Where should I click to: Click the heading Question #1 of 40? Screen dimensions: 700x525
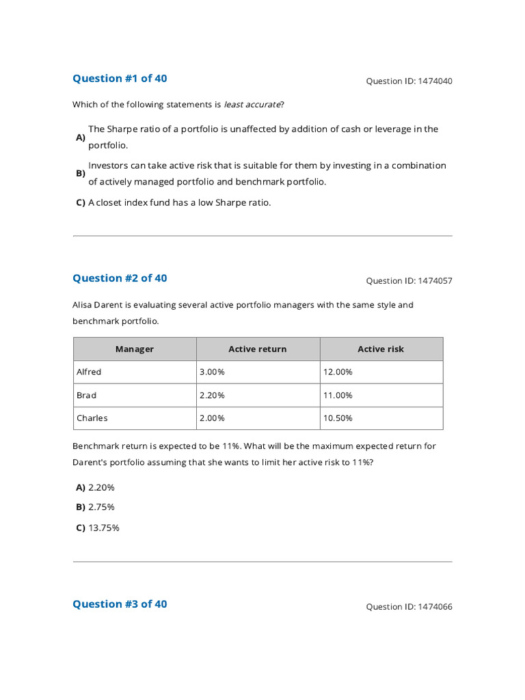click(120, 79)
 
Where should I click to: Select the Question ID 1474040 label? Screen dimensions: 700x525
click(409, 81)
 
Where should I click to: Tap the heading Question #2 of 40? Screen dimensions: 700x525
click(120, 278)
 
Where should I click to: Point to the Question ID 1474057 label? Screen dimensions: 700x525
click(409, 281)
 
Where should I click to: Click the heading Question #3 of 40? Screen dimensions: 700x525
click(120, 604)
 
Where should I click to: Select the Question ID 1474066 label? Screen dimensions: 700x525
click(409, 607)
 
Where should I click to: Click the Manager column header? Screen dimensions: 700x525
click(135, 349)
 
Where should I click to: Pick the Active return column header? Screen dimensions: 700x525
click(258, 349)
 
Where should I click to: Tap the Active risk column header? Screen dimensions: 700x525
click(381, 349)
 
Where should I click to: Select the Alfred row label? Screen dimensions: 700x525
click(89, 372)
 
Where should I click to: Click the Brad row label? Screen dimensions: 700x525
click(87, 395)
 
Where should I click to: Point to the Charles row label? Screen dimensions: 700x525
click(92, 418)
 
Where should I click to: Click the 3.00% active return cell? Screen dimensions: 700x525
click(211, 372)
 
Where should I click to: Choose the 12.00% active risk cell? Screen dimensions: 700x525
click(338, 372)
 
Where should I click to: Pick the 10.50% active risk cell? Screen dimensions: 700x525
click(338, 418)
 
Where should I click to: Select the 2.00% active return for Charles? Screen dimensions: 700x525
click(211, 418)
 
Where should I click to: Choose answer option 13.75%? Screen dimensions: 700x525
click(104, 528)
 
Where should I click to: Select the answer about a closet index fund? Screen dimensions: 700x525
click(179, 202)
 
